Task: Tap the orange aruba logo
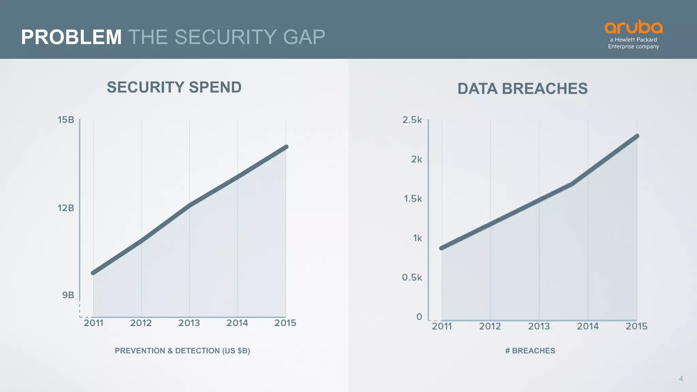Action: pyautogui.click(x=633, y=27)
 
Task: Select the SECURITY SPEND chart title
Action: pyautogui.click(x=174, y=87)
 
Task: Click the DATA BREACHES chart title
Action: pyautogui.click(x=522, y=89)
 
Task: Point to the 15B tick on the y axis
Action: pyautogui.click(x=66, y=120)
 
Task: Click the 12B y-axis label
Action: pyautogui.click(x=66, y=208)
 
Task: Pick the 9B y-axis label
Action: pyautogui.click(x=68, y=295)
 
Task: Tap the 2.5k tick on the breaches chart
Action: pyautogui.click(x=412, y=120)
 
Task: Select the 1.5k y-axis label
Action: pyautogui.click(x=413, y=199)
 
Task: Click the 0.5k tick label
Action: pyautogui.click(x=412, y=277)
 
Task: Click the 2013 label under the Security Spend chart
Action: pyautogui.click(x=189, y=323)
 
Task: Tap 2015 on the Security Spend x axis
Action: pyautogui.click(x=285, y=323)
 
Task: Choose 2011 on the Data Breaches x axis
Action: pyautogui.click(x=442, y=326)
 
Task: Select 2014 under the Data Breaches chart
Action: pyautogui.click(x=588, y=326)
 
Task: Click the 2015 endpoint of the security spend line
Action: pyautogui.click(x=286, y=147)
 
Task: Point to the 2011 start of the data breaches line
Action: pyautogui.click(x=442, y=248)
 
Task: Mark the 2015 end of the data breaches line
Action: pyautogui.click(x=637, y=136)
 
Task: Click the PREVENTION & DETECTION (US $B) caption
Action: pyautogui.click(x=182, y=351)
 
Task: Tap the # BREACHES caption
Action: pyautogui.click(x=530, y=351)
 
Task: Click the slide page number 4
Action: pyautogui.click(x=681, y=379)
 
